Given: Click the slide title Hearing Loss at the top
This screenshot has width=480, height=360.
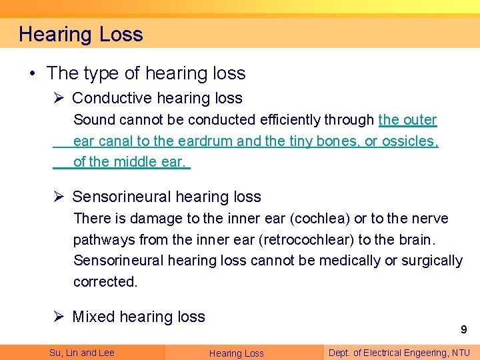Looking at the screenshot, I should [81, 34].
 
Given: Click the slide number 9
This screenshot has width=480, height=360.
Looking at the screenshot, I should [463, 329].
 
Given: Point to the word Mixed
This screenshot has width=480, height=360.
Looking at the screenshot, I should [94, 317].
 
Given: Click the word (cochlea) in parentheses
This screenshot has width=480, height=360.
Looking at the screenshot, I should [313, 219].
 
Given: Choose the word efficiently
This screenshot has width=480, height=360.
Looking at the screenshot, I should [288, 120].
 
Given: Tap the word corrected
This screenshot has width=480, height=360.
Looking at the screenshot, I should [105, 281].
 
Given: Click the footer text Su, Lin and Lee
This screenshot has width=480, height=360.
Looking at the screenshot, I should [81, 353].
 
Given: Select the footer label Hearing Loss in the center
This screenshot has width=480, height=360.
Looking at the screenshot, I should [237, 353].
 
